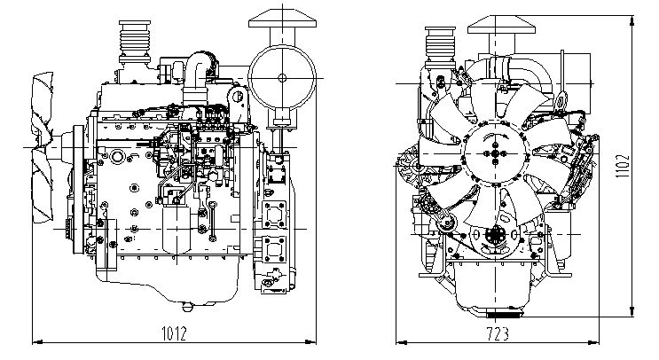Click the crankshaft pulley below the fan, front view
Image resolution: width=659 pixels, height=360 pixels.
coord(493,238)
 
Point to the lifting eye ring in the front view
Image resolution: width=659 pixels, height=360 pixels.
coord(561,105)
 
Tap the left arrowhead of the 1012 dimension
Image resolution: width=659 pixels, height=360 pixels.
coord(34,343)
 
